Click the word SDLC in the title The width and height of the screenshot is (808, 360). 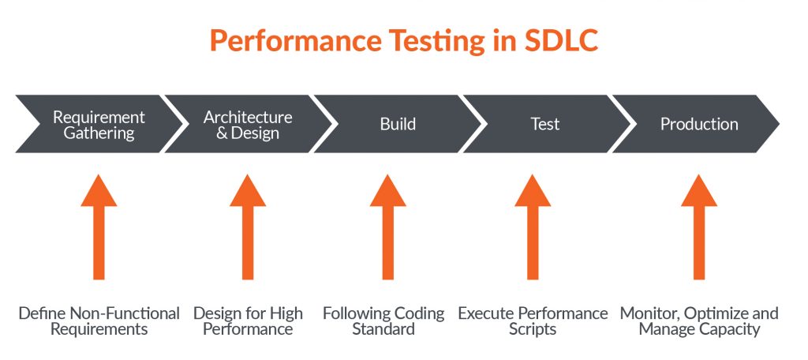point(561,40)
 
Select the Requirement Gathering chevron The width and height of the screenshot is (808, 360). point(99,124)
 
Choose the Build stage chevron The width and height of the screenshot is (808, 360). point(398,124)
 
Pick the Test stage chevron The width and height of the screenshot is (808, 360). point(546,124)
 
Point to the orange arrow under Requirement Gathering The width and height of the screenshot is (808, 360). point(99,227)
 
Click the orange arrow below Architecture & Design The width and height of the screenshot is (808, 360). point(248,227)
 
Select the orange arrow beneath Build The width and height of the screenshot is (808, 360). point(388,227)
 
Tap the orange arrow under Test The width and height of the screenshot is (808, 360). point(533,227)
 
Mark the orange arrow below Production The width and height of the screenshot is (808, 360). point(699,227)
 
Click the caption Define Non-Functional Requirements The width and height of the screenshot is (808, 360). point(99,321)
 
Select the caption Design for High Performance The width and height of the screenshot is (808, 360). point(248,321)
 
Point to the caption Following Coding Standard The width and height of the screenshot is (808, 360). point(383,321)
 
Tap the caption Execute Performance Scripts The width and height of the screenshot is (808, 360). point(533,321)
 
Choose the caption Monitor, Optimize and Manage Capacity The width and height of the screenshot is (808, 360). point(699,321)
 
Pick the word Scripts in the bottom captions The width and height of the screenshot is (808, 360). point(533,329)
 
